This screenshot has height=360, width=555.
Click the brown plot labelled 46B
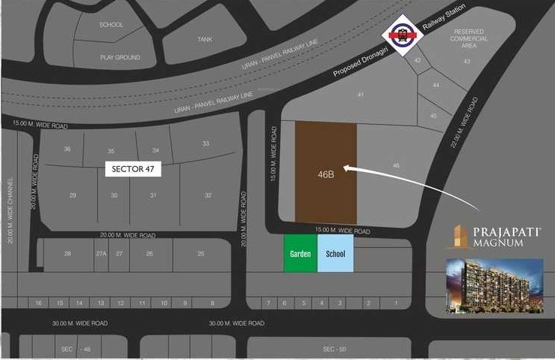tap(325, 174)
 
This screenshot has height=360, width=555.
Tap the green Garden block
tap(300, 254)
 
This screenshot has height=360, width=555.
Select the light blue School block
tap(335, 254)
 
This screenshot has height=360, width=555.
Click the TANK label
tap(205, 39)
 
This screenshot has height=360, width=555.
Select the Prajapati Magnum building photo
tap(494, 287)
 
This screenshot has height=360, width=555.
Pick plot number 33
tap(206, 144)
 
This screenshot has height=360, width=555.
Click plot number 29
tap(73, 195)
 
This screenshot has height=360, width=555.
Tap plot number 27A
tap(101, 254)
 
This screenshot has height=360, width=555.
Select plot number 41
tap(360, 95)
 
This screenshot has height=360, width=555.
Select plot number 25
tap(201, 254)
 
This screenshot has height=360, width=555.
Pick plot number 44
tap(436, 86)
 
